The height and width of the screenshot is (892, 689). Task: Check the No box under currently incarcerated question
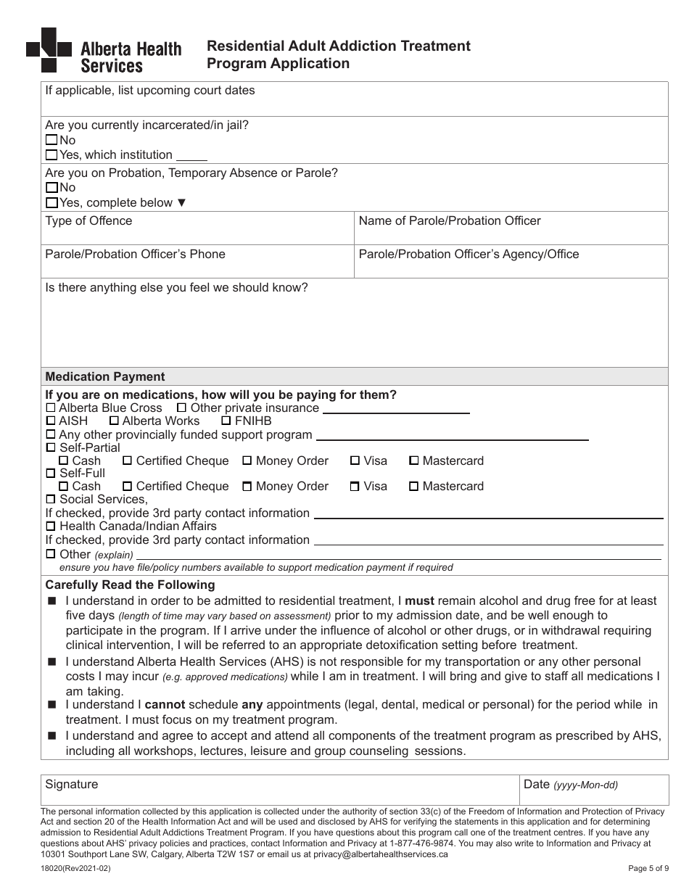(x=51, y=140)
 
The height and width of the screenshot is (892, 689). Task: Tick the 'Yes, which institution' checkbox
(x=51, y=154)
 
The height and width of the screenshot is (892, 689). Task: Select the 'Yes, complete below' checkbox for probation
(x=51, y=202)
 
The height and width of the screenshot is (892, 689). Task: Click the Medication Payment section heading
(x=105, y=376)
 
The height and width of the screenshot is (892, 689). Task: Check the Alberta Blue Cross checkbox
(x=50, y=408)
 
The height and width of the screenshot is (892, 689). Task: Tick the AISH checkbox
(x=50, y=421)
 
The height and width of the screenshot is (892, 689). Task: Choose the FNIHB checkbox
(x=226, y=421)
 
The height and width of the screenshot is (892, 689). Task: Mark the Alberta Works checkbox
(x=114, y=421)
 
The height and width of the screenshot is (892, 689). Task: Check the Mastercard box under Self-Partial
(x=413, y=461)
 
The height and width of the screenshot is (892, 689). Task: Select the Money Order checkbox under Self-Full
(x=247, y=486)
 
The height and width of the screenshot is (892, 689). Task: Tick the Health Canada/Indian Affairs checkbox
(x=50, y=526)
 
